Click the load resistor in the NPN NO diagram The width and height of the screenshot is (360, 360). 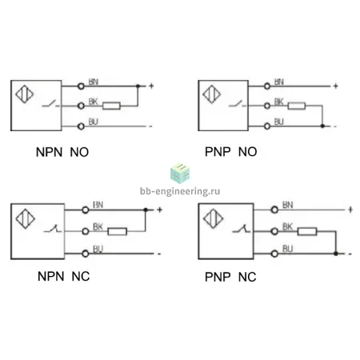pyautogui.click(x=111, y=106)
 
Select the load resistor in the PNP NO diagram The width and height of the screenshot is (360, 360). pyautogui.click(x=297, y=106)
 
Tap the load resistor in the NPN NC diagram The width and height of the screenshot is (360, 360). pyautogui.click(x=117, y=231)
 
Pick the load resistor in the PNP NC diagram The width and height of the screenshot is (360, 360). pyautogui.click(x=307, y=231)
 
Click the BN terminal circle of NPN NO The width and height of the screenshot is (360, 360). pyautogui.click(x=81, y=86)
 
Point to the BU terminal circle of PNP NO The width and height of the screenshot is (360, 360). pyautogui.click(x=267, y=126)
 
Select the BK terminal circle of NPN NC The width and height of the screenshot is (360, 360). pyautogui.click(x=86, y=231)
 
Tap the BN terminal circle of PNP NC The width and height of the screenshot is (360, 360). pyautogui.click(x=274, y=210)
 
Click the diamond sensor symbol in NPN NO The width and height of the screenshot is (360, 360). pyautogui.click(x=25, y=94)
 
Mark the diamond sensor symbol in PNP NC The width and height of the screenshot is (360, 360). pyautogui.click(x=214, y=218)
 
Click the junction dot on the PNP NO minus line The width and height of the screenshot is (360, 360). pyautogui.click(x=322, y=126)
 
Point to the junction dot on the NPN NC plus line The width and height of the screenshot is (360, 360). pyautogui.click(x=146, y=210)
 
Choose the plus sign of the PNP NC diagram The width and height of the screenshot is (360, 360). pyautogui.click(x=350, y=210)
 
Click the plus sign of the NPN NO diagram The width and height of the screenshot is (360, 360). pyautogui.click(x=151, y=86)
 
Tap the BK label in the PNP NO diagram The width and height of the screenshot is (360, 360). pyautogui.click(x=279, y=102)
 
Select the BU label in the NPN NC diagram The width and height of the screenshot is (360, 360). pyautogui.click(x=98, y=249)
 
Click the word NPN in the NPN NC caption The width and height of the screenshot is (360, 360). pyautogui.click(x=51, y=276)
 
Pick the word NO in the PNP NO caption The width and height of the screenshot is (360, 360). pyautogui.click(x=247, y=152)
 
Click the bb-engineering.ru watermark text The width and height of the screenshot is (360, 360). pyautogui.click(x=180, y=191)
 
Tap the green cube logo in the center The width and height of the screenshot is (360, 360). pyautogui.click(x=180, y=174)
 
